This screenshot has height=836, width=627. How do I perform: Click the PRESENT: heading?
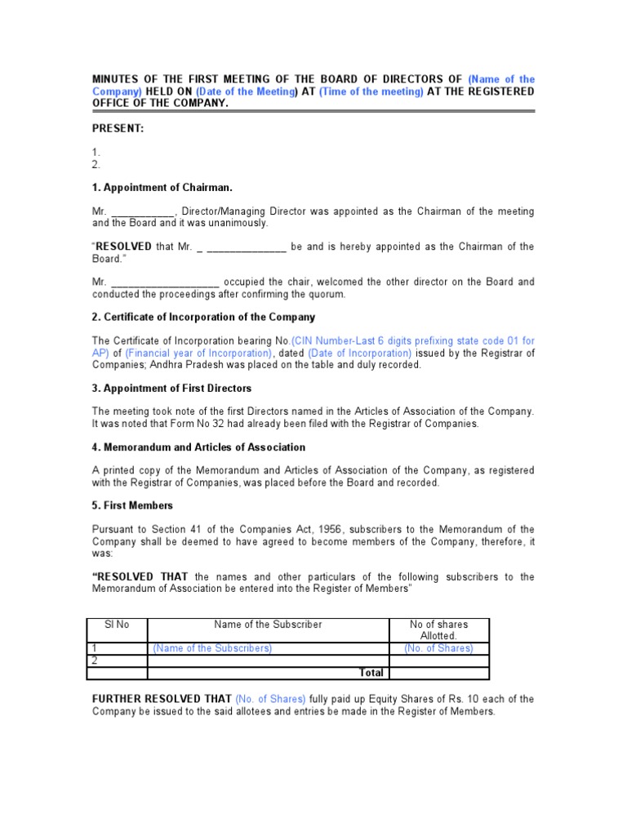click(118, 128)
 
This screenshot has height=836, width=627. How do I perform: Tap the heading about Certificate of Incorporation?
click(203, 317)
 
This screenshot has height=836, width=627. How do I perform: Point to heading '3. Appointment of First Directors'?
click(171, 388)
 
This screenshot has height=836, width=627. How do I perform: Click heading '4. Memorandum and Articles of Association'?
click(198, 447)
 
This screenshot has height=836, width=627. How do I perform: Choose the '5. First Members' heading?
click(132, 505)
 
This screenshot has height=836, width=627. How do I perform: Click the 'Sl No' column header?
click(117, 625)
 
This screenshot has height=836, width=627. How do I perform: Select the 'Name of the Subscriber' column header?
click(268, 625)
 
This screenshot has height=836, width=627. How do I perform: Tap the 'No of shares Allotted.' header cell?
click(438, 629)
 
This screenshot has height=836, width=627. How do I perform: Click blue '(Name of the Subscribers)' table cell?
click(212, 648)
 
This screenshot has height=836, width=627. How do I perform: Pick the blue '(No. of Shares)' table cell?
click(438, 648)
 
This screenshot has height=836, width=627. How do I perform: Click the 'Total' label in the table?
click(371, 673)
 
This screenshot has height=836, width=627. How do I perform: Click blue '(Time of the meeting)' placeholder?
click(371, 91)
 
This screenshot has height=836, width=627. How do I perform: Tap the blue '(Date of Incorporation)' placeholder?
click(360, 353)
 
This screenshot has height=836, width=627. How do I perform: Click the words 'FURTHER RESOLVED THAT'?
click(162, 699)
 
